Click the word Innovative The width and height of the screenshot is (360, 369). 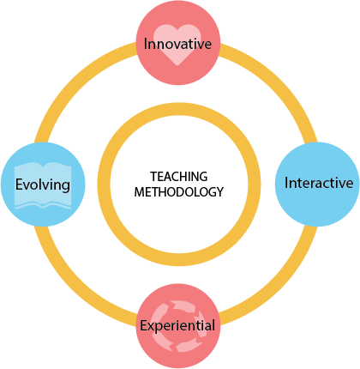(177, 44)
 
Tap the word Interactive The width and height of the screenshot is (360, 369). (319, 183)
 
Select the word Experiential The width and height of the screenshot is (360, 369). (177, 326)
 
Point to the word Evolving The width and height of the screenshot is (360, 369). (43, 184)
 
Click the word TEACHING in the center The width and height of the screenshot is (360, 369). (179, 177)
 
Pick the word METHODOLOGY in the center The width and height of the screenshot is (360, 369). (179, 192)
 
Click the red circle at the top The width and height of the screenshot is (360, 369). (178, 43)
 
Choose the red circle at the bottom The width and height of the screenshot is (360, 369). (178, 326)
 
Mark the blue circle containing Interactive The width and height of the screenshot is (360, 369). (317, 184)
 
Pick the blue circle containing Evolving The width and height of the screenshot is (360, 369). (43, 184)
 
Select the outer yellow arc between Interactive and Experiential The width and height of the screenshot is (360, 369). (276, 281)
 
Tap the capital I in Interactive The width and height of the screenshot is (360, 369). (286, 183)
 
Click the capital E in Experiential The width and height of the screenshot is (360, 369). (144, 325)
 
